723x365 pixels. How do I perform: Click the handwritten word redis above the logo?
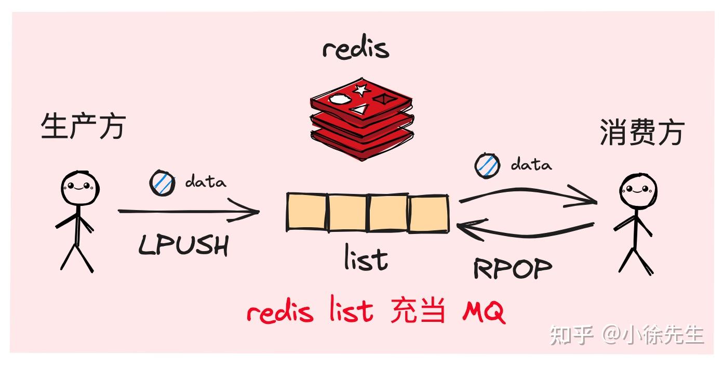[x=355, y=48]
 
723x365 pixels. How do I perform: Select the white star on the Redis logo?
[x=360, y=89]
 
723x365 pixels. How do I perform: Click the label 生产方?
[x=83, y=127]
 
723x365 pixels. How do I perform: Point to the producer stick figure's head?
[x=80, y=187]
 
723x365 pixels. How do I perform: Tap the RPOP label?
[x=512, y=268]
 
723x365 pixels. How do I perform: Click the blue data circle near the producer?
[x=163, y=183]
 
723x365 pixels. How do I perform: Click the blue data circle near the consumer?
[x=487, y=165]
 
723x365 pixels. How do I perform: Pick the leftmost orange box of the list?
[x=307, y=212]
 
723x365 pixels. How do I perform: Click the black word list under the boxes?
[x=366, y=258]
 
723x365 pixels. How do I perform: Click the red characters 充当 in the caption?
[x=418, y=312]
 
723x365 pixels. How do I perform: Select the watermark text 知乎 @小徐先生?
[x=627, y=334]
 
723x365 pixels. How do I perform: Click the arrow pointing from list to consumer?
[x=527, y=195]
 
